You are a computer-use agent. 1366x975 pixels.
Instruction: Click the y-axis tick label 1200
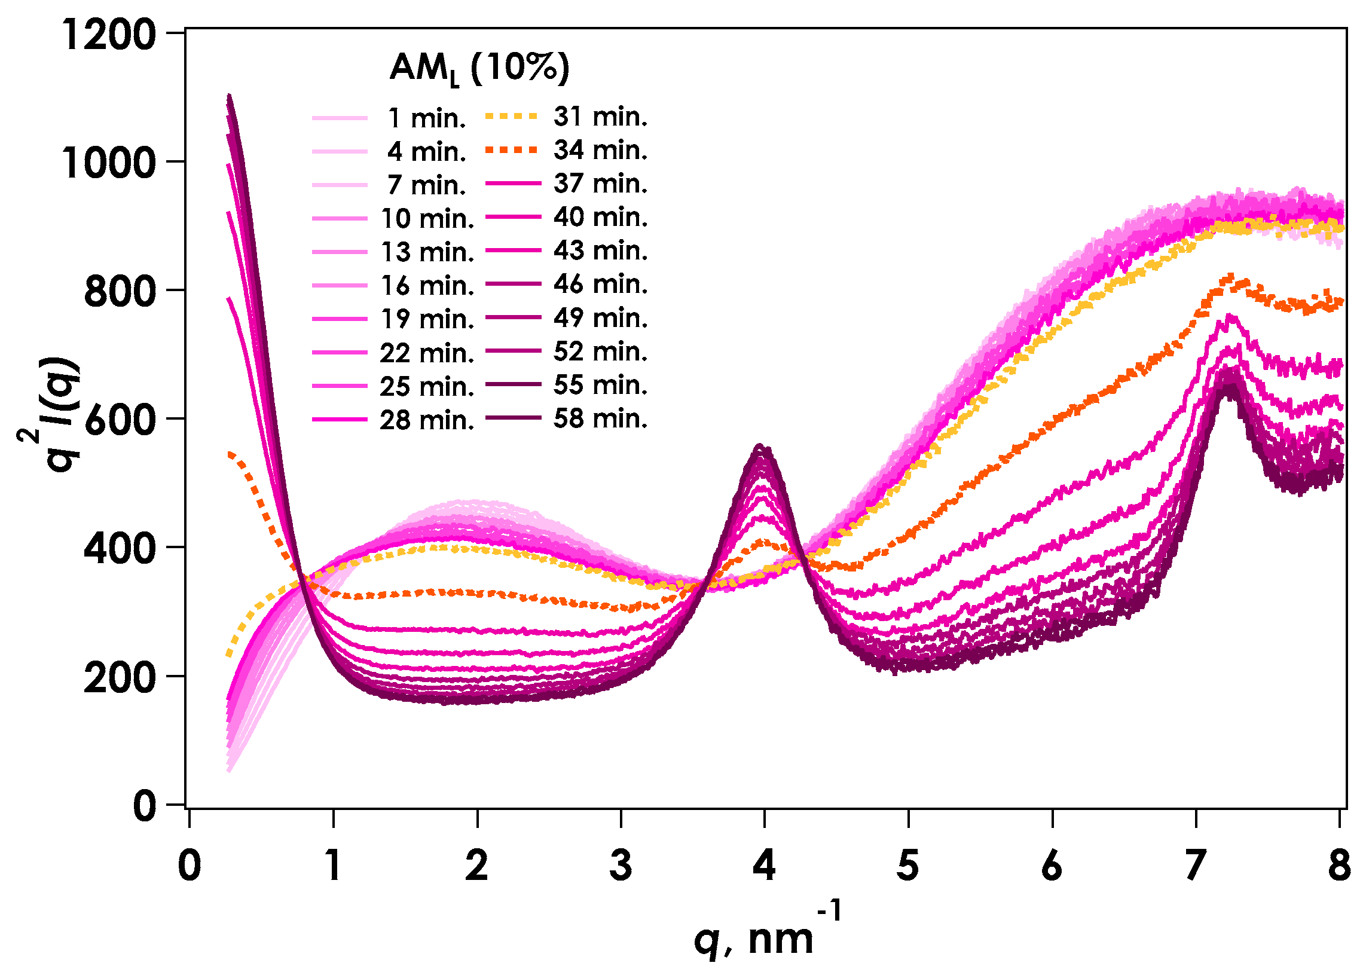[x=109, y=34]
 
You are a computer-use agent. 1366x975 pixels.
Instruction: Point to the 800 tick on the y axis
[x=120, y=292]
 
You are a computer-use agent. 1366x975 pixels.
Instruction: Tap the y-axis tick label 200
[x=120, y=679]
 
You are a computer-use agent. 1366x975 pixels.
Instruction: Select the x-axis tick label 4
[x=764, y=866]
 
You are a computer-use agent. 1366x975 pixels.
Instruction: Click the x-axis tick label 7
[x=1196, y=866]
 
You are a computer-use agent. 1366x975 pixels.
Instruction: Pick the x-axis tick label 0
[x=189, y=866]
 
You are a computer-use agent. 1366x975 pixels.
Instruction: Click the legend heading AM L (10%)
[x=479, y=68]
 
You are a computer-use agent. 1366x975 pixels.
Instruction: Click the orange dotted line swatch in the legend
[x=511, y=149]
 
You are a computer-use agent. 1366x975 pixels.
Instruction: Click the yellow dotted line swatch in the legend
[x=511, y=116]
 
